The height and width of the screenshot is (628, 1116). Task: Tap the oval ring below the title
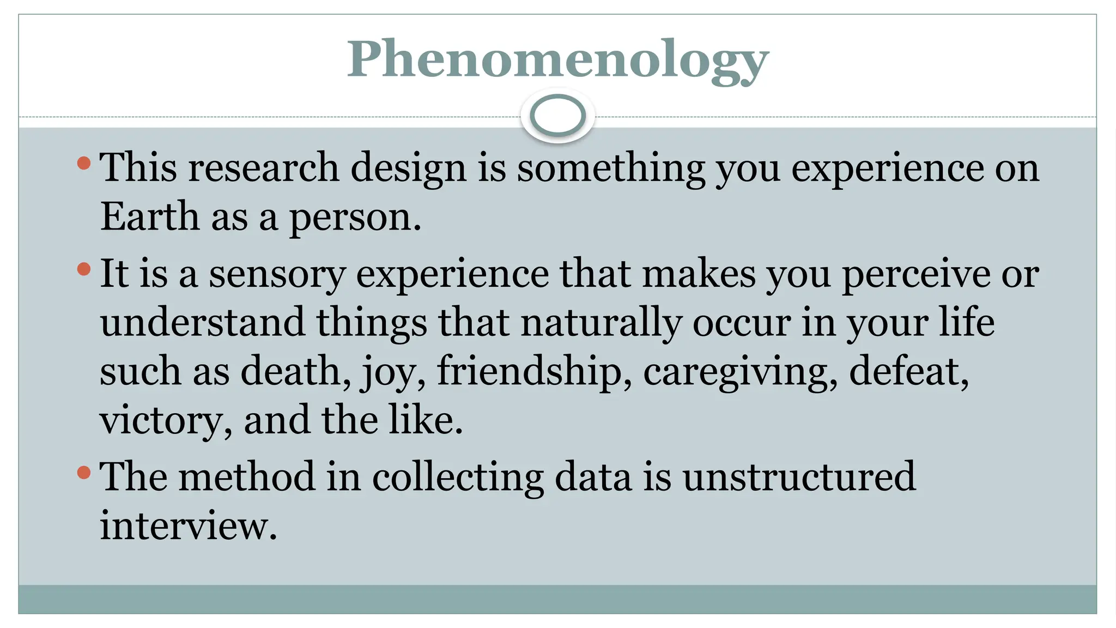(557, 116)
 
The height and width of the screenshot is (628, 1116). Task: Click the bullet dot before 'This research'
(83, 162)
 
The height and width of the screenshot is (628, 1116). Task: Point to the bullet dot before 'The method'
(83, 472)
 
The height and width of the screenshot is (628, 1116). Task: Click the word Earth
(149, 216)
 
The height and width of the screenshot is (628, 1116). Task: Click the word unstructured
(799, 476)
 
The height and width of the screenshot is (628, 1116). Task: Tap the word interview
(188, 525)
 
